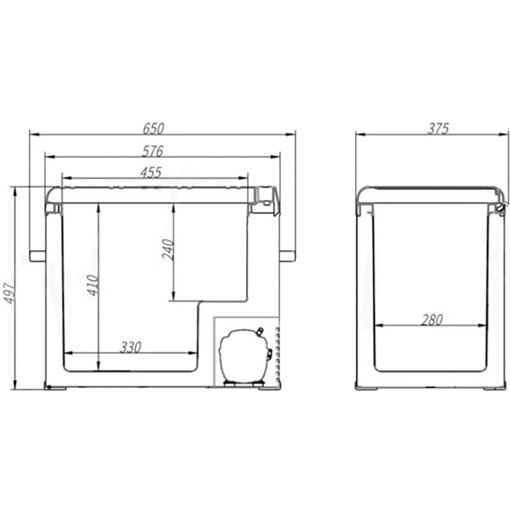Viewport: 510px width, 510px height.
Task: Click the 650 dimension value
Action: [x=154, y=129]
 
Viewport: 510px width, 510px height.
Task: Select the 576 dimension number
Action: [x=152, y=151]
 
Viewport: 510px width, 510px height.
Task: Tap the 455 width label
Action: [x=151, y=173]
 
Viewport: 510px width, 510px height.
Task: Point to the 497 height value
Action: [x=10, y=294]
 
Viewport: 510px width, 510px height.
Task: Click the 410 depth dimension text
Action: [x=92, y=285]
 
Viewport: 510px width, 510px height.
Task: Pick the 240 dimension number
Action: [x=168, y=249]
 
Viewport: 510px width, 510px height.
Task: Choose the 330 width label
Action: [x=131, y=347]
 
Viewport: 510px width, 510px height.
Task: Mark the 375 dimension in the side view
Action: [x=438, y=129]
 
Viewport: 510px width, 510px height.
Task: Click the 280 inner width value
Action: [x=432, y=320]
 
